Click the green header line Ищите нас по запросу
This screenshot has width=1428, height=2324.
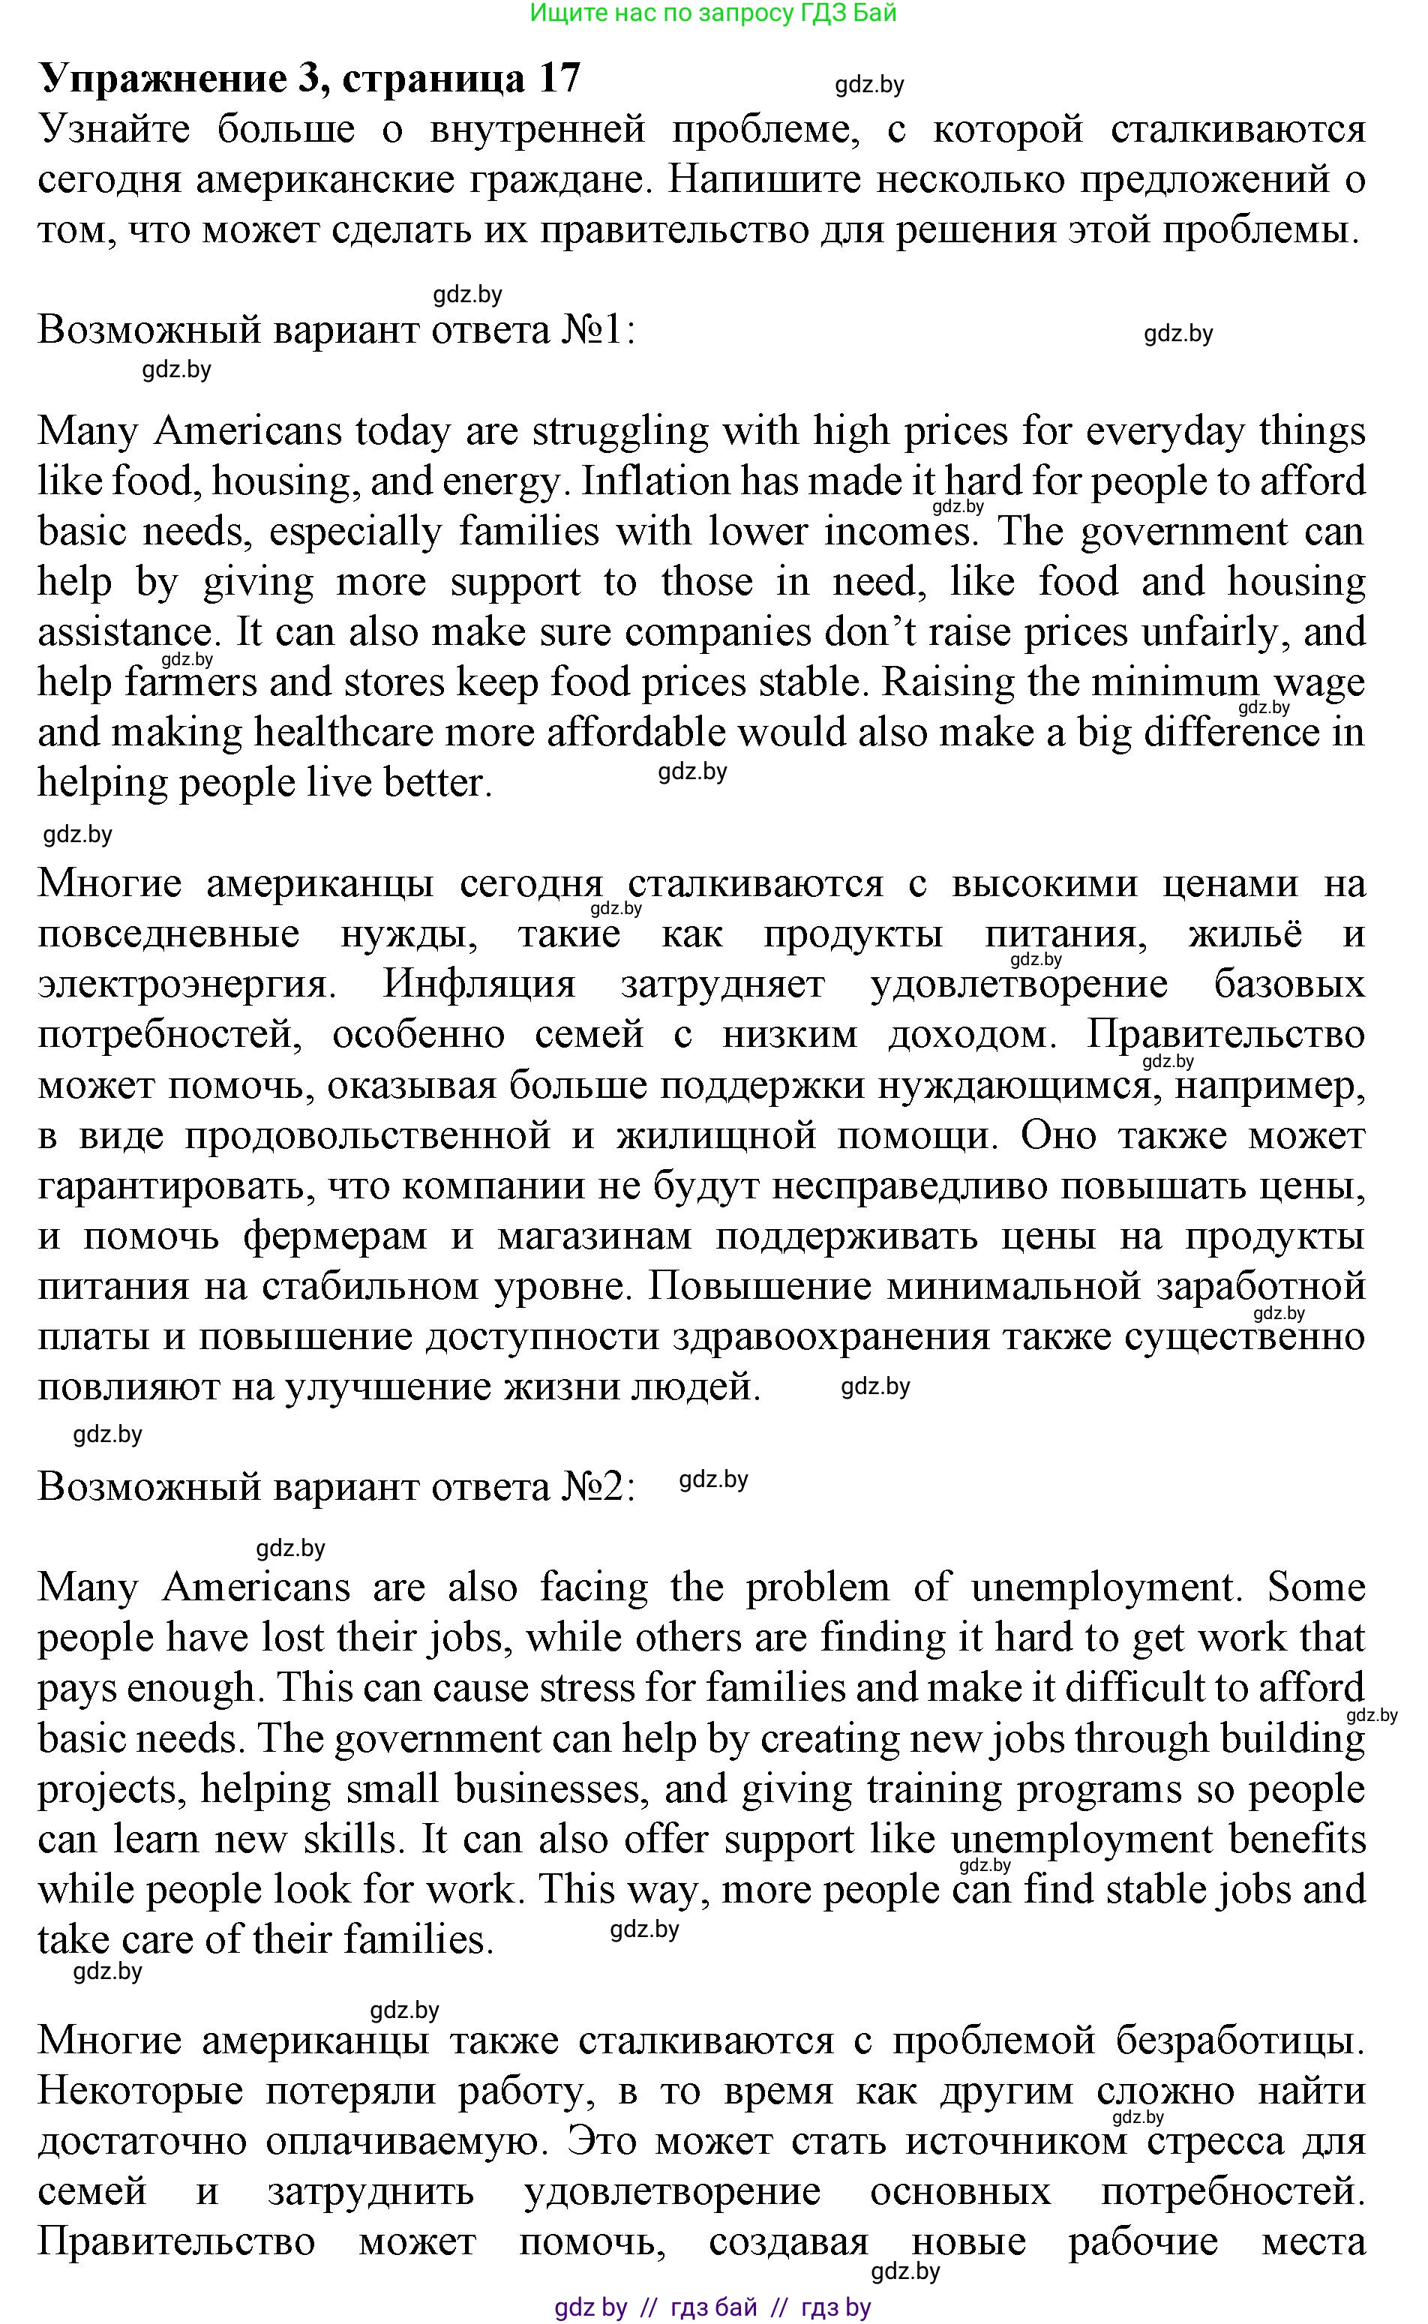pyautogui.click(x=713, y=13)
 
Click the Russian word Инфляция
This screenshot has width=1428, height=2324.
pyautogui.click(x=478, y=984)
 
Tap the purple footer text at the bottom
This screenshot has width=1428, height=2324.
pyautogui.click(x=713, y=2307)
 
